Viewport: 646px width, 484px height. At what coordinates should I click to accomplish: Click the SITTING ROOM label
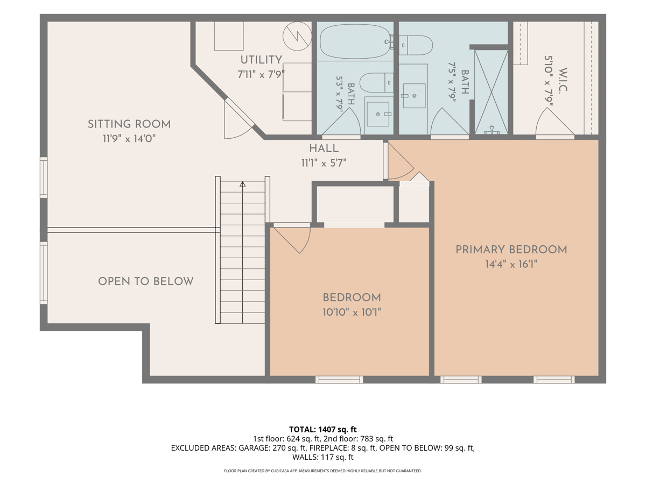[129, 124]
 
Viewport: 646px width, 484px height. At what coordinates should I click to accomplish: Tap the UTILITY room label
[261, 60]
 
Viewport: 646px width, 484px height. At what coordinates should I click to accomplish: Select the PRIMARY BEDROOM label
[511, 250]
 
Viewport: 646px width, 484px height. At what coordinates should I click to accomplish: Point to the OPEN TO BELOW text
[146, 281]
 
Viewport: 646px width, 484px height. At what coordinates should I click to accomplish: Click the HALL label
[324, 148]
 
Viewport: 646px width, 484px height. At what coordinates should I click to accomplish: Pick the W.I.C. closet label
[563, 81]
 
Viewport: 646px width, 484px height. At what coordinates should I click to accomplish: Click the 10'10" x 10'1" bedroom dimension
[352, 312]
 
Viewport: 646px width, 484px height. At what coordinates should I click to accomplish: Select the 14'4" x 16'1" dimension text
[511, 264]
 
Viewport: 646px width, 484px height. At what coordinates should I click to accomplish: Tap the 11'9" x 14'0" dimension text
[129, 138]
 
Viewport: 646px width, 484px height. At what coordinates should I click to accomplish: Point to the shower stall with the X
[491, 92]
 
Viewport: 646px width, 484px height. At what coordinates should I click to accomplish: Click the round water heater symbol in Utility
[297, 36]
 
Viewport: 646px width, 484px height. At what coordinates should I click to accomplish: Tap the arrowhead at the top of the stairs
[242, 184]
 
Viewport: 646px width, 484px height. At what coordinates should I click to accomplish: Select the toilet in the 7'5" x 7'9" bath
[416, 45]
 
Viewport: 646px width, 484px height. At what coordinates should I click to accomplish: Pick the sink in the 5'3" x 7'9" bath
[378, 115]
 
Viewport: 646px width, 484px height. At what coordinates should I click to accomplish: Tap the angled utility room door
[239, 118]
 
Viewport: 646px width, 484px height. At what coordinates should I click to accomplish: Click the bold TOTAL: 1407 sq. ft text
[323, 429]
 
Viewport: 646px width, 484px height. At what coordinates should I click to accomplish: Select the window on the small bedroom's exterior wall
[339, 379]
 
